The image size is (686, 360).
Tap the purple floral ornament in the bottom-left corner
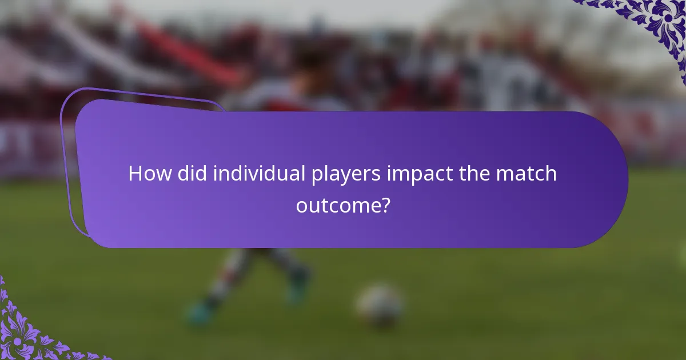23,331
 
